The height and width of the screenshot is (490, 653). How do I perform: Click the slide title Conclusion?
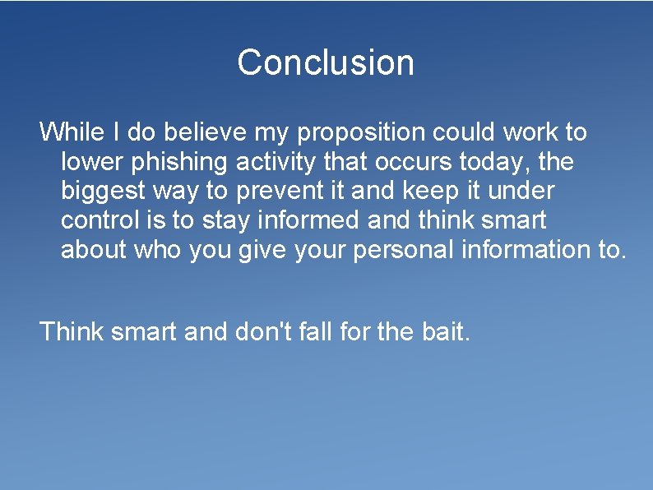(326, 62)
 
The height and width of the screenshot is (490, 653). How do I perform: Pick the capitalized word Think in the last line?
(72, 331)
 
